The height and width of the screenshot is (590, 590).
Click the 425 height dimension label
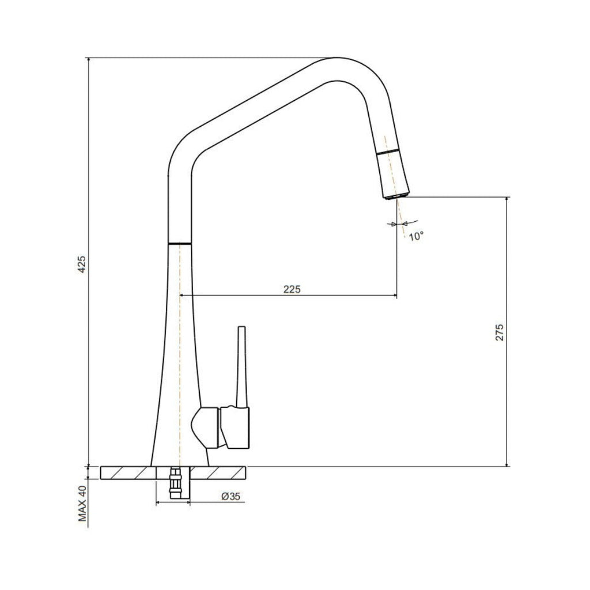[x=82, y=263]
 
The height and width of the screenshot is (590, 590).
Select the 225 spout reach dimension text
[x=292, y=289]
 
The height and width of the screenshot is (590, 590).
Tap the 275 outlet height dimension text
[x=500, y=333]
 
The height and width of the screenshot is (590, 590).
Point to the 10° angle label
[x=416, y=236]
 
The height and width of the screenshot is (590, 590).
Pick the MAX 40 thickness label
[x=82, y=503]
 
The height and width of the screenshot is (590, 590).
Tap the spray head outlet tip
[x=395, y=196]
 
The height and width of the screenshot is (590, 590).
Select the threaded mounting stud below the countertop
[x=174, y=484]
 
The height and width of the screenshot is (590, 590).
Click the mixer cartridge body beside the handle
[x=235, y=427]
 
